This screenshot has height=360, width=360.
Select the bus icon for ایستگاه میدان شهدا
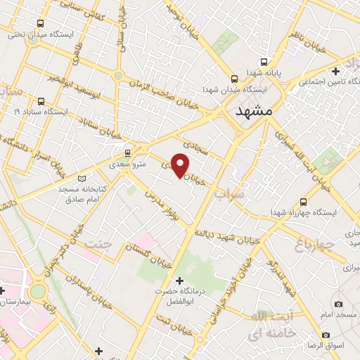click(235, 79)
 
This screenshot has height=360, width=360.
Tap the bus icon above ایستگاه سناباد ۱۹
click(41, 101)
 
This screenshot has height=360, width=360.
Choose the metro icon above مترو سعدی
click(127, 153)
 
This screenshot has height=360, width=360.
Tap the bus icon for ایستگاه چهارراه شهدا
click(303, 200)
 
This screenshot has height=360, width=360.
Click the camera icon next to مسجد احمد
click(338, 304)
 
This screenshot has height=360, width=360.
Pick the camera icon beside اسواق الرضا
click(326, 335)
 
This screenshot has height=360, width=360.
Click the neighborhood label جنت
click(98, 243)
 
